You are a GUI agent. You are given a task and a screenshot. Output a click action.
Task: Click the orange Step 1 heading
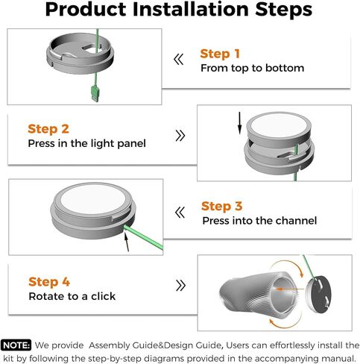coord(220,54)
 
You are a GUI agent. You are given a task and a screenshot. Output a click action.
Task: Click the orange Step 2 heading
coord(48,129)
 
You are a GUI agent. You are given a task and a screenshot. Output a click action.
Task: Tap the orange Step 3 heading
coord(221,207)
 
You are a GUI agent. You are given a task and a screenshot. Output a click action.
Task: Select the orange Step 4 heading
coord(49,282)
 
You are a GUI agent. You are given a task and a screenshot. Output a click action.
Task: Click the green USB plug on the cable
coord(95,93)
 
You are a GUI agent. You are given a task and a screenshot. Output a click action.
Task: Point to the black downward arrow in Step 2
coord(239,123)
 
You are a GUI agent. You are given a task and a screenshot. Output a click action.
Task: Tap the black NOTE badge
coord(16,345)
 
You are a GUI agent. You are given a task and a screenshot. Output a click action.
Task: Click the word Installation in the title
coord(191,10)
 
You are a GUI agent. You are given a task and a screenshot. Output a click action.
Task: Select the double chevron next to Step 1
coord(179,60)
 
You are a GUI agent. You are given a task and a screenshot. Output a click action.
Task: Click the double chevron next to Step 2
coord(180,136)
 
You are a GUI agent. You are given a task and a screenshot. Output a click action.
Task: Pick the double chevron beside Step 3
coord(180,213)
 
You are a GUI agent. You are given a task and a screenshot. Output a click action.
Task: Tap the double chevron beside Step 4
coord(180,285)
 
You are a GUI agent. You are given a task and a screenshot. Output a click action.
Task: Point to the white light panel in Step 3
coord(93,199)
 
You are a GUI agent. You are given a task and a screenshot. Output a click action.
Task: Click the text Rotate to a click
coord(72,296)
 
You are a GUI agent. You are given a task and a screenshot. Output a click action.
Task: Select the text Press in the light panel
coord(86,143)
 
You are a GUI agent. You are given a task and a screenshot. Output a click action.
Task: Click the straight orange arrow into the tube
coord(290,289)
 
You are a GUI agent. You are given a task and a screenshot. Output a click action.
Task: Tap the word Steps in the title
coord(284,10)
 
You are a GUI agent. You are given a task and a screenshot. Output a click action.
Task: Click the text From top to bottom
coord(252,68)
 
